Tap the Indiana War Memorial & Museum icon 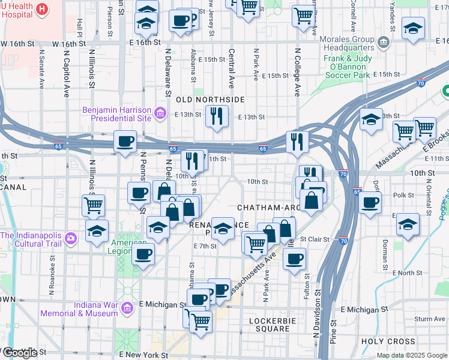click(126, 308)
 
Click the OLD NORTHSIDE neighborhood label click(210, 99)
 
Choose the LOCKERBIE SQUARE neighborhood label click(270, 324)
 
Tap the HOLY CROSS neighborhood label click(388, 341)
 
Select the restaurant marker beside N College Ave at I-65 click(297, 141)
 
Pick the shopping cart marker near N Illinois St click(93, 205)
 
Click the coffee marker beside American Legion click(143, 253)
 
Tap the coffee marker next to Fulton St click(294, 259)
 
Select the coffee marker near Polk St click(370, 202)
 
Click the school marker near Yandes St click(412, 28)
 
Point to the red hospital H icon click(42, 9)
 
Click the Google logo click(19, 353)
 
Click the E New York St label click(144, 355)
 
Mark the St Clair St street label click(316, 239)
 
